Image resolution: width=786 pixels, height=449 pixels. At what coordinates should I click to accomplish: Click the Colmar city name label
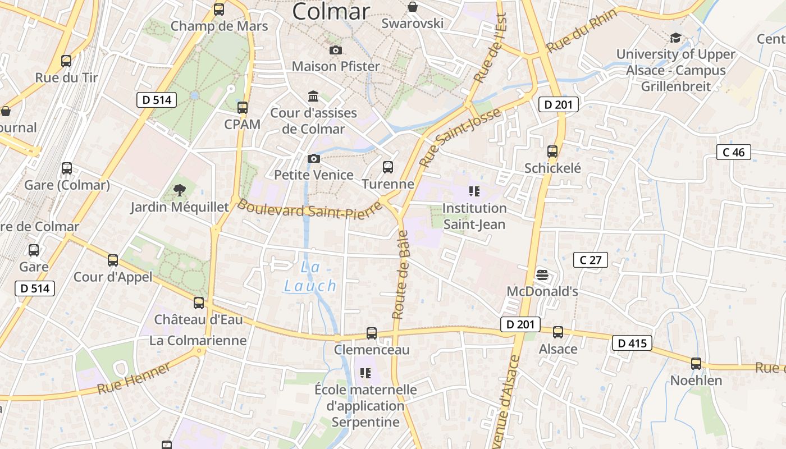click(x=331, y=11)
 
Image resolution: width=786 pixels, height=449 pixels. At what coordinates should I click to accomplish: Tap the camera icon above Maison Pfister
click(x=336, y=51)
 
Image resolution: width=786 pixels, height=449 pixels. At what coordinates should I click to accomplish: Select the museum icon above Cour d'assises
click(x=313, y=97)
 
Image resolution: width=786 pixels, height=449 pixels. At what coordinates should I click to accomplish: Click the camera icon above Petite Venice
click(x=314, y=159)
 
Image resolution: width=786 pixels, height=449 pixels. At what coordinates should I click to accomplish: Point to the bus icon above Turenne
click(x=387, y=167)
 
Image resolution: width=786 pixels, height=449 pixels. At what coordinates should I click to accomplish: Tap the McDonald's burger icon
click(x=542, y=275)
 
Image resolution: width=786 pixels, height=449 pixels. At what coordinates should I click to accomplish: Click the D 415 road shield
click(x=632, y=343)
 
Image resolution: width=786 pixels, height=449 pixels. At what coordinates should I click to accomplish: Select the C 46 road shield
click(x=733, y=152)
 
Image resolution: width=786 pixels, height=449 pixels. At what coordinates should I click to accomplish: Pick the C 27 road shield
click(x=590, y=260)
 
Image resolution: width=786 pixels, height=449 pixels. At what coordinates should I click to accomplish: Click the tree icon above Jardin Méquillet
click(x=179, y=190)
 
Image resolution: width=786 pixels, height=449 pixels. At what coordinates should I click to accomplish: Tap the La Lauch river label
click(x=310, y=277)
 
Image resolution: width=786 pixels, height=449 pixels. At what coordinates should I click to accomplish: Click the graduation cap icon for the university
click(x=675, y=38)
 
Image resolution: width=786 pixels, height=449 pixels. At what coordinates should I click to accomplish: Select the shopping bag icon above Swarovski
click(x=413, y=7)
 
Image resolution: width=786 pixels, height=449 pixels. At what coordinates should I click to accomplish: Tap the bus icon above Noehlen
click(x=696, y=363)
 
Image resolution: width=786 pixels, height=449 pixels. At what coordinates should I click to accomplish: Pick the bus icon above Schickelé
click(x=552, y=152)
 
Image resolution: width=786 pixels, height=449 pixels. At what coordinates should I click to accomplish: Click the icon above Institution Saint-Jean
click(x=474, y=191)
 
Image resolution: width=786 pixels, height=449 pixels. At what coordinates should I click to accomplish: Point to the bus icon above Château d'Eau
click(x=199, y=303)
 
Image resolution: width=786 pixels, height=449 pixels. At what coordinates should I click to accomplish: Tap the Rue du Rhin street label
click(x=582, y=30)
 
